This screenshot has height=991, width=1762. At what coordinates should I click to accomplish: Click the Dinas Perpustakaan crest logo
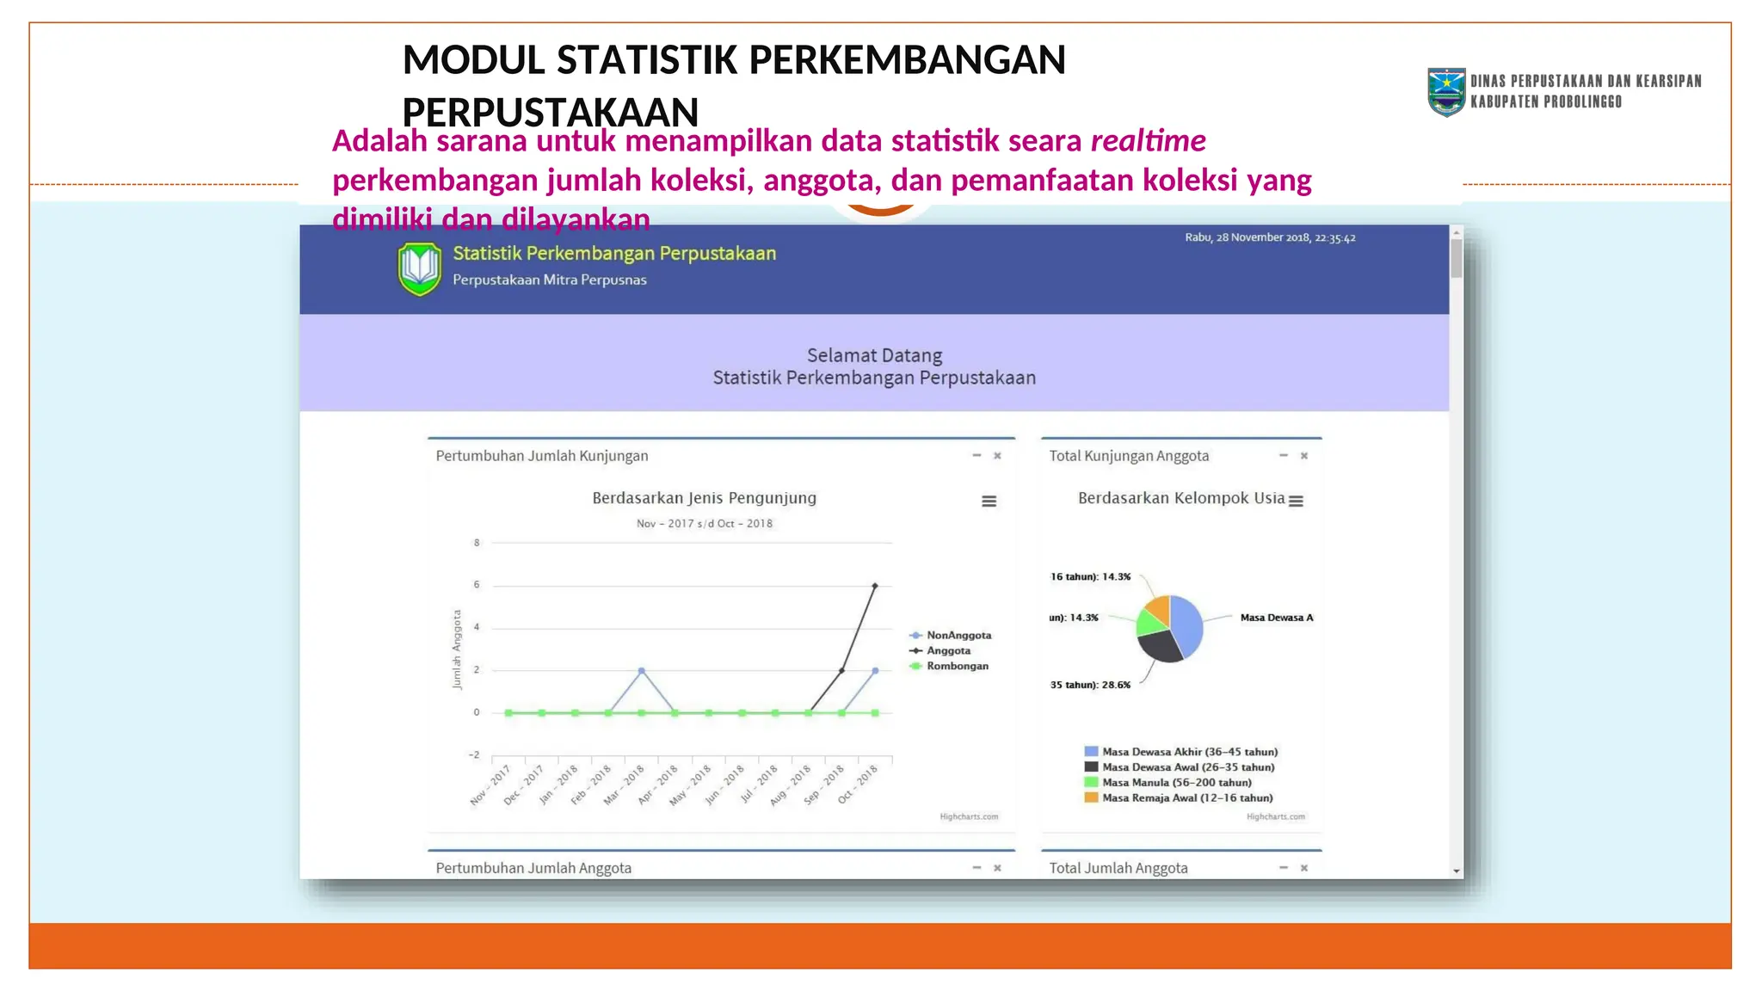pos(1446,92)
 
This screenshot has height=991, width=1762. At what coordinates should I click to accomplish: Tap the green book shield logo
pos(420,268)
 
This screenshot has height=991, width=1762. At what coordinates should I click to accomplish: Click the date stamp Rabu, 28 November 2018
pos(1270,237)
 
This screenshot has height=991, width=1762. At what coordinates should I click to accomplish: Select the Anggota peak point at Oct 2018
pos(875,586)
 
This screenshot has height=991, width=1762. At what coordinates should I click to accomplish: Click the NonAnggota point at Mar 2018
pos(641,670)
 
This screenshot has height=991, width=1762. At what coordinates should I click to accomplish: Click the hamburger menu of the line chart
pos(989,501)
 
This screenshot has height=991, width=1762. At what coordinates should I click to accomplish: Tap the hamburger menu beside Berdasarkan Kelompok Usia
pos(1297,501)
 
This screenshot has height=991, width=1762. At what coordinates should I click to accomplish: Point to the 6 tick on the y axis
pos(477,585)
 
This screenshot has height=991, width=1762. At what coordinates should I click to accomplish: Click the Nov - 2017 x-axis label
pos(490,785)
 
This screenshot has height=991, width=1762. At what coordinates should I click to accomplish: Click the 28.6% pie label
pos(1090,686)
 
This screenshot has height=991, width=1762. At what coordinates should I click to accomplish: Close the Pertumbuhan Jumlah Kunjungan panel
pos(998,456)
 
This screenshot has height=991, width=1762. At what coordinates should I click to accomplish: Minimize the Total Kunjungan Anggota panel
pos(1283,456)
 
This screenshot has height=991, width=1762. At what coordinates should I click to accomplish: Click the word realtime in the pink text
pos(1148,141)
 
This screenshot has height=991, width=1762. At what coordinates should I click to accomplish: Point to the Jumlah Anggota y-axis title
pos(457,649)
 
